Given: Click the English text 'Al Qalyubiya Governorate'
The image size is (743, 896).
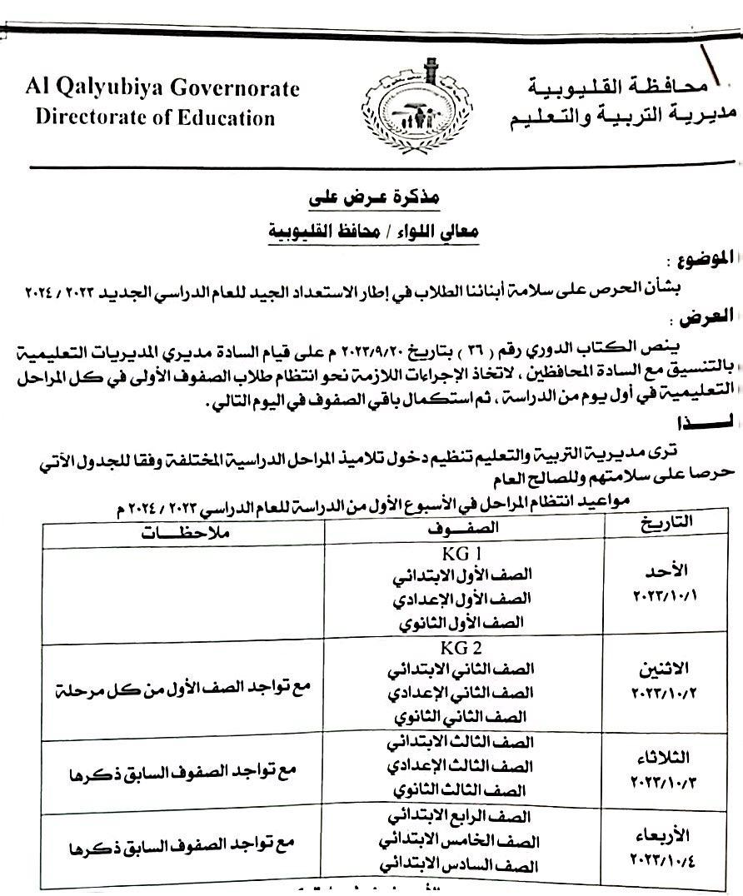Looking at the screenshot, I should pos(157,89).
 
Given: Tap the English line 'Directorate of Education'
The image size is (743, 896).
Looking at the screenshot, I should pos(155,117).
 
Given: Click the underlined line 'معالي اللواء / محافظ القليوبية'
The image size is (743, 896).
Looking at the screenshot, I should pos(372,232).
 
